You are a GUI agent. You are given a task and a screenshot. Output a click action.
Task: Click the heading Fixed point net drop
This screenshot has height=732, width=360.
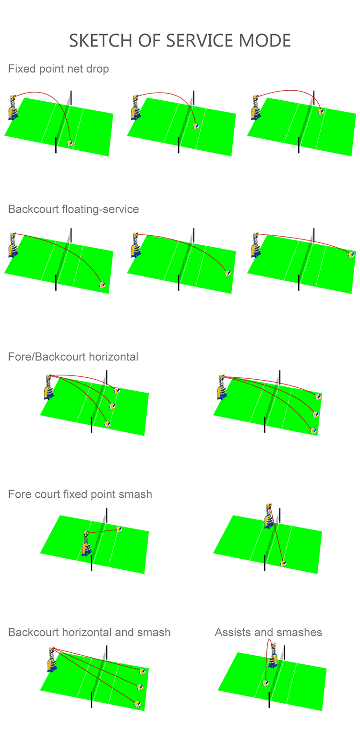click(x=59, y=69)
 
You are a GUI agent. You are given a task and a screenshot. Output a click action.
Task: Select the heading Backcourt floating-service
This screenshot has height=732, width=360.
click(x=73, y=209)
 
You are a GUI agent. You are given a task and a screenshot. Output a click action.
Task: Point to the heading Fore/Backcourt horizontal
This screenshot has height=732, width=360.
click(x=73, y=357)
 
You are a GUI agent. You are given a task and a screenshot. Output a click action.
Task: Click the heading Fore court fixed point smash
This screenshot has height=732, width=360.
click(x=80, y=494)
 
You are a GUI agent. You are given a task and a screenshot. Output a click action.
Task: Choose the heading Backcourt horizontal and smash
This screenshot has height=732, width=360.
click(x=89, y=632)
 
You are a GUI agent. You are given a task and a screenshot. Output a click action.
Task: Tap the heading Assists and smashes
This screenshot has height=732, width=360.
click(x=268, y=632)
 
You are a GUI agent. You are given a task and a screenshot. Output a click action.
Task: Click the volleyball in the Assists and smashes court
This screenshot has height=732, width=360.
click(x=265, y=683)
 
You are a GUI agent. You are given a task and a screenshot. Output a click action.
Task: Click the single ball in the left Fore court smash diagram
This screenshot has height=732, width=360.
click(x=119, y=529)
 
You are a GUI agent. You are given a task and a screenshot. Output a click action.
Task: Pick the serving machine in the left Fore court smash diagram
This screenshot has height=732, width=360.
click(x=86, y=544)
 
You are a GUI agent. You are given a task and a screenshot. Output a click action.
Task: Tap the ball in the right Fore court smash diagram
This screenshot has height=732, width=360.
click(x=283, y=564)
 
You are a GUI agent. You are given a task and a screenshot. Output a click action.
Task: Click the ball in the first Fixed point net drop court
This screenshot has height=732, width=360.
click(x=70, y=143)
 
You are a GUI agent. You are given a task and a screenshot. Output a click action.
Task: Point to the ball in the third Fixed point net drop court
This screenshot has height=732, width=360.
click(x=321, y=111)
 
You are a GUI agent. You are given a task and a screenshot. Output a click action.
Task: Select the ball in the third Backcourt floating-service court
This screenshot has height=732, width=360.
click(x=351, y=255)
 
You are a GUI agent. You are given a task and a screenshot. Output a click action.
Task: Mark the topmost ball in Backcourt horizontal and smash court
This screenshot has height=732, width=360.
click(x=142, y=671)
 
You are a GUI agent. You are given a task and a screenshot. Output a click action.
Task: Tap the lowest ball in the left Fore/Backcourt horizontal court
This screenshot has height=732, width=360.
click(x=108, y=424)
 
